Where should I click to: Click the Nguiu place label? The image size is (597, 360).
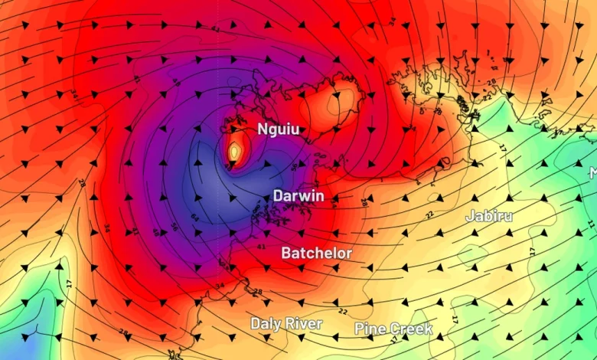coord(279,129)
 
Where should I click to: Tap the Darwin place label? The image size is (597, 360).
coord(298,196)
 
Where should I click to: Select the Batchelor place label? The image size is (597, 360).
coord(316,253)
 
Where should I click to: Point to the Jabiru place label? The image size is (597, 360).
coord(489,216)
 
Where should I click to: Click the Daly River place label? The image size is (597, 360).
coord(286,324)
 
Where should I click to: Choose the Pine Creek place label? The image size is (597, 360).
coord(393,329)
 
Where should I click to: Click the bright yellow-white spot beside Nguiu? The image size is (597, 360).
coord(235,153)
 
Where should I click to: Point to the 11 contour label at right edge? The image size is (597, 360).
coord(590,224)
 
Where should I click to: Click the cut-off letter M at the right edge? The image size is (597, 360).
coord(592,173)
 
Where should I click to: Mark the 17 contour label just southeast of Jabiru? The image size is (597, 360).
coord(531,250)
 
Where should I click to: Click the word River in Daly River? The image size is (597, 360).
coord(304,324)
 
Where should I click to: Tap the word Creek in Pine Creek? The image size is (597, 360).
coord(411,329)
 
